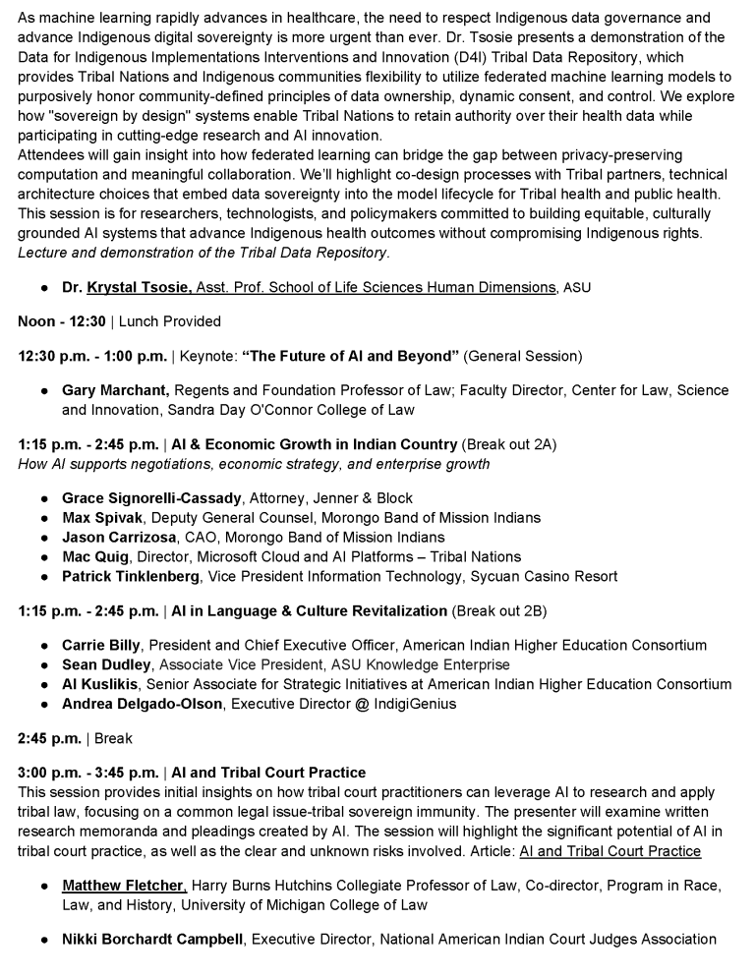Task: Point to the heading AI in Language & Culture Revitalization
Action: [309, 610]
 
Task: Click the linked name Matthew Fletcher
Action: [123, 886]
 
